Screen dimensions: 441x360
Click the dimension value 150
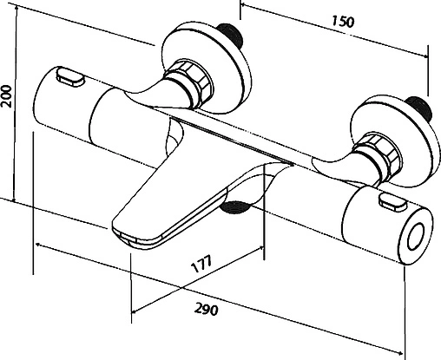tap(343, 22)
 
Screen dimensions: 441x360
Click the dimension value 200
tap(6, 96)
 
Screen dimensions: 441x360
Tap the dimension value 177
tap(201, 264)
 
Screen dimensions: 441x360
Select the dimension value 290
tap(206, 309)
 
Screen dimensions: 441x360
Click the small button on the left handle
tap(69, 76)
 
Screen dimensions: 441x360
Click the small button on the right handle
tap(392, 204)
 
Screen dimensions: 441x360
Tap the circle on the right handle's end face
tap(417, 238)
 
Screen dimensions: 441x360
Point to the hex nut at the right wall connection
tap(378, 157)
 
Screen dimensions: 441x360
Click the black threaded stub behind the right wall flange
tap(419, 107)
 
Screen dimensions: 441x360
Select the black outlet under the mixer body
tap(234, 207)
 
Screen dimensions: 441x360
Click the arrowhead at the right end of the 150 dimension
tap(425, 56)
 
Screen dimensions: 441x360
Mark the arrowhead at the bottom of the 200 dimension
tap(15, 199)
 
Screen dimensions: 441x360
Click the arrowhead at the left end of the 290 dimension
tap(38, 245)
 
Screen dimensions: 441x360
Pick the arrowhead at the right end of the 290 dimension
tap(399, 353)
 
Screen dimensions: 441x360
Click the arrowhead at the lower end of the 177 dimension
tap(135, 311)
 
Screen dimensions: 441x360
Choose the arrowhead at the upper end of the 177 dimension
tap(261, 248)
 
